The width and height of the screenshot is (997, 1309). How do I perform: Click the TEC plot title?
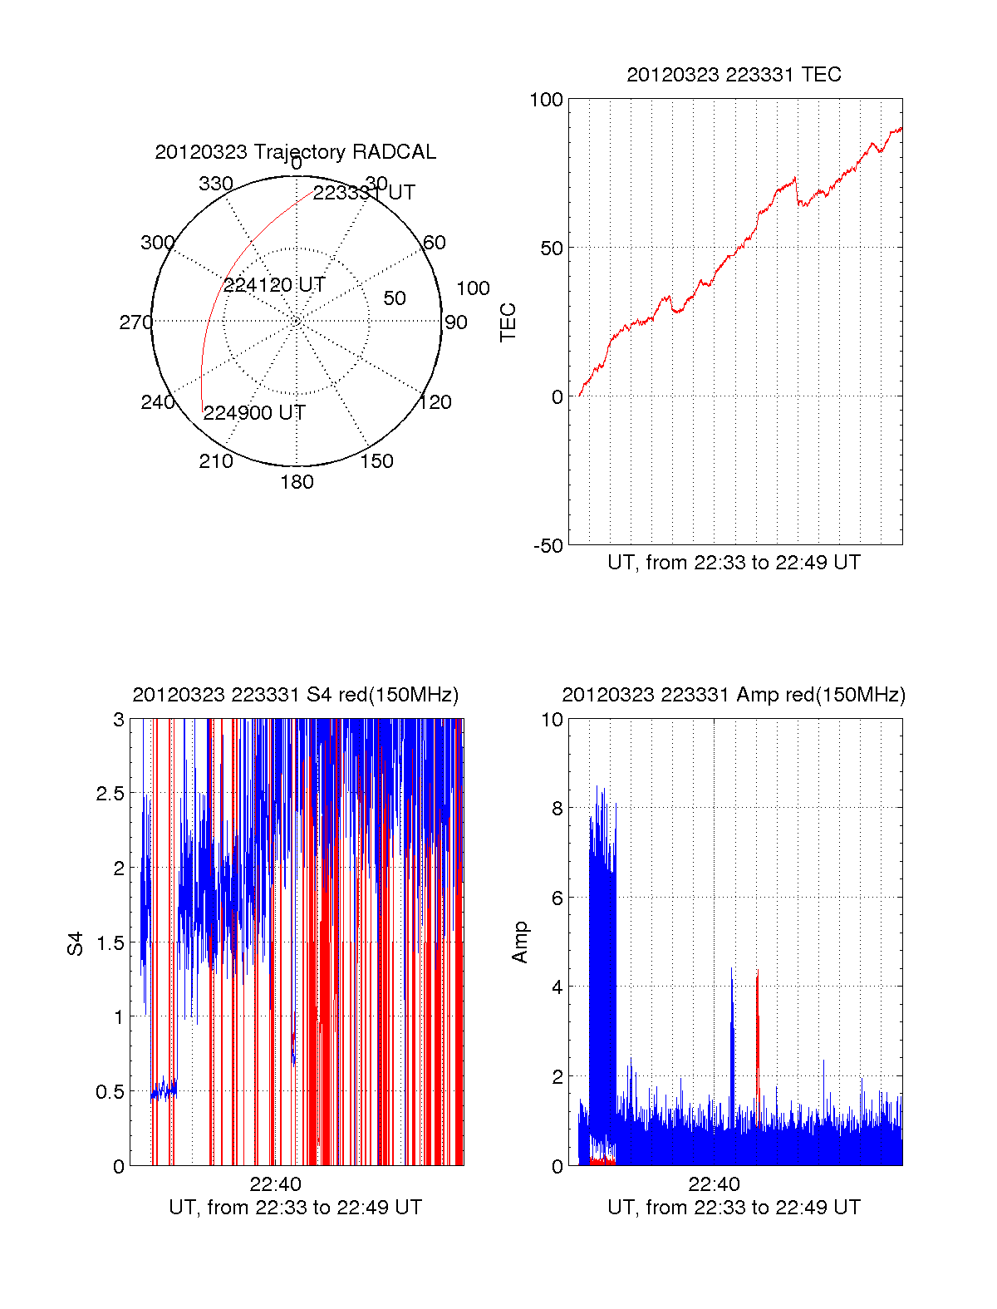[734, 75]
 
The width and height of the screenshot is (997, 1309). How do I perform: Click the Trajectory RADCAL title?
[295, 152]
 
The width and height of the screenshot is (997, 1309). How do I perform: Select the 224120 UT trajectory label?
[274, 285]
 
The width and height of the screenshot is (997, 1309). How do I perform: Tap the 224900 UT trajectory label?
[254, 413]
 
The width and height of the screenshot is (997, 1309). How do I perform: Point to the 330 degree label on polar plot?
[216, 184]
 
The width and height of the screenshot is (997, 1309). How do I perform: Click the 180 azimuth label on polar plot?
[297, 482]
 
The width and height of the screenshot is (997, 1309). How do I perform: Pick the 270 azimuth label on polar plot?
[135, 322]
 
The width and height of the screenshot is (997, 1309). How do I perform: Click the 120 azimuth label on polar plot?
[435, 403]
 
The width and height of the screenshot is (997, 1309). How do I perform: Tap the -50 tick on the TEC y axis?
[548, 546]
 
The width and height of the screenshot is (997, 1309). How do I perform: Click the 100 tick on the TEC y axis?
[547, 100]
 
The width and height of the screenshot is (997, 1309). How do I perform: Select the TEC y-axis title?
[508, 322]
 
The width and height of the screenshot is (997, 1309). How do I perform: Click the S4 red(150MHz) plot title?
[295, 695]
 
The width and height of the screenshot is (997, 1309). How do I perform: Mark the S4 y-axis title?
[76, 943]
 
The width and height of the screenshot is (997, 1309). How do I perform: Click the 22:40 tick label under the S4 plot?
[275, 1184]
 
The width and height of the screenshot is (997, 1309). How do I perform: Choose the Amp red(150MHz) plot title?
[734, 695]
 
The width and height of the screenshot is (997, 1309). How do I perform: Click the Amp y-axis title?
[520, 942]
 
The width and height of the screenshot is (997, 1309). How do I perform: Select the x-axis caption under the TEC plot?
[734, 563]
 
